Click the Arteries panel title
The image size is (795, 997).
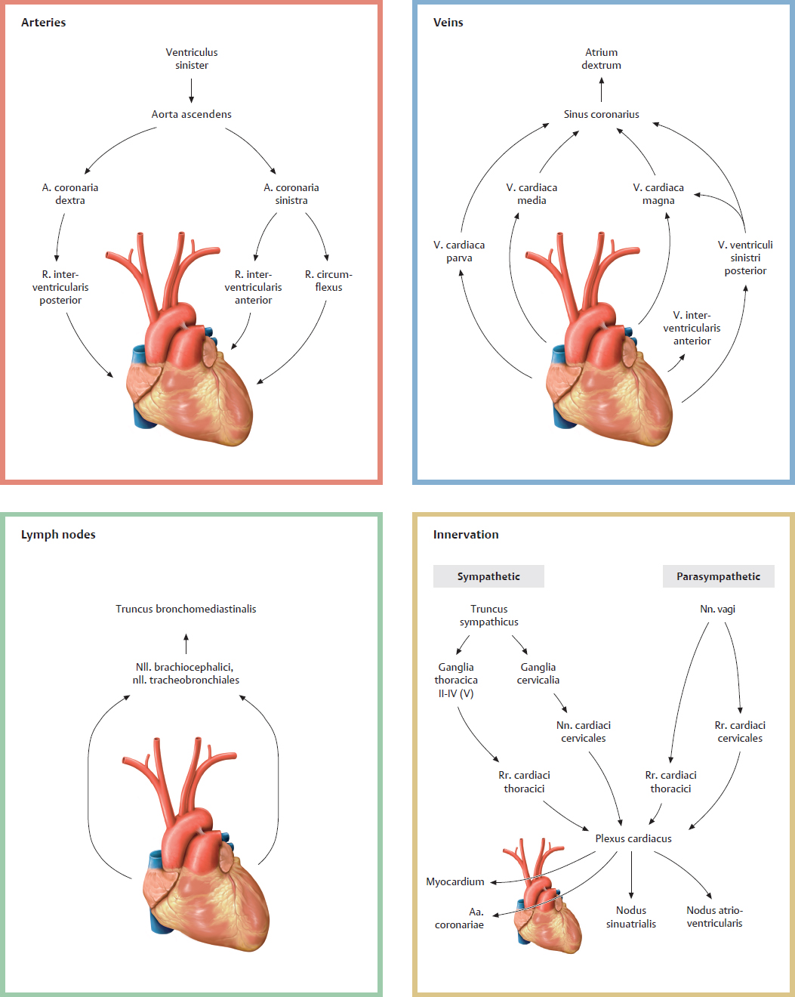coord(43,23)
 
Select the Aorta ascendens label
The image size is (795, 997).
coord(191,114)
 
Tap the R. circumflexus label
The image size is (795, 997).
coord(328,280)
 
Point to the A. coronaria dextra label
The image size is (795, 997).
coord(70,193)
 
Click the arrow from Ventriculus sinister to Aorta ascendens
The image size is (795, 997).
coord(191,89)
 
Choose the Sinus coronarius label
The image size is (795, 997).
coord(601,114)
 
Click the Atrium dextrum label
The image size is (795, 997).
coord(601,59)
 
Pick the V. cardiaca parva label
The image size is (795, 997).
coord(459,252)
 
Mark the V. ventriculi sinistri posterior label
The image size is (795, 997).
coord(745,258)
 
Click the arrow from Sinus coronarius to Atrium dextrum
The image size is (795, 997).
coord(601,89)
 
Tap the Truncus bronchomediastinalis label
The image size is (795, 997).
coord(186,609)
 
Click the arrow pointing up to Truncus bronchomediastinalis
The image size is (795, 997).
coord(186,644)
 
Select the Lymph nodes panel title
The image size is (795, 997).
coord(58,535)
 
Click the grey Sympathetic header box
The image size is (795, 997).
coord(488,576)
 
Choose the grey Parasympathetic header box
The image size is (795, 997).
coord(718,576)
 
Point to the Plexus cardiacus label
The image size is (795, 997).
coord(633,838)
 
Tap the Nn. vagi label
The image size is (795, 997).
coord(717,609)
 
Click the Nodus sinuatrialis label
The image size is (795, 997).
coord(631,917)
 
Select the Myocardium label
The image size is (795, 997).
coord(455,881)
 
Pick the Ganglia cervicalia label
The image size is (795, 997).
coord(538,673)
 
